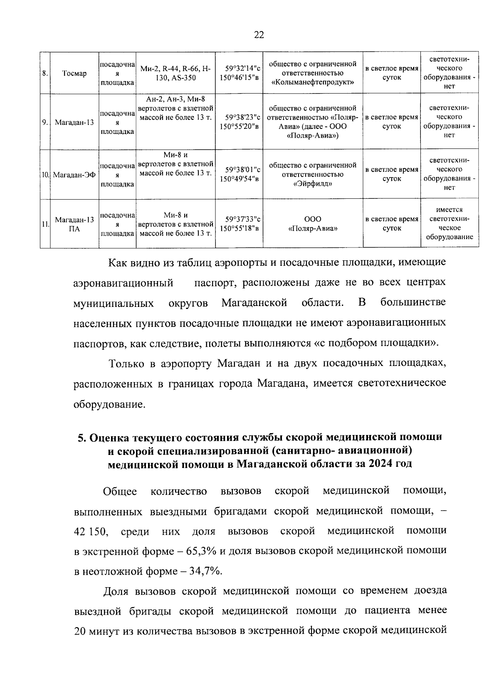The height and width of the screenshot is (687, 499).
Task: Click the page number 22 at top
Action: pos(259,35)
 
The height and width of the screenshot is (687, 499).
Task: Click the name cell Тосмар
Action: pos(74,74)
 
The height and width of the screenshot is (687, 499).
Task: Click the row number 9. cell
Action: pos(45,122)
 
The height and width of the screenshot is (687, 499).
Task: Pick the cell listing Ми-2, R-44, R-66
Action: pos(175,74)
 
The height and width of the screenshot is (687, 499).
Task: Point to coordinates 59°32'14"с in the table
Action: pos(240,69)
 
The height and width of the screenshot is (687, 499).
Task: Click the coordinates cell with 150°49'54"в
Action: pos(240,179)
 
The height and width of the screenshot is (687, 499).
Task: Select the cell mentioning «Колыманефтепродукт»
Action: pos(313,74)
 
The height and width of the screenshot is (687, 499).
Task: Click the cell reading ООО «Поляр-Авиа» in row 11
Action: pos(313,224)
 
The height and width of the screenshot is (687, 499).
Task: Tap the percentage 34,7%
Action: pos(205,571)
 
